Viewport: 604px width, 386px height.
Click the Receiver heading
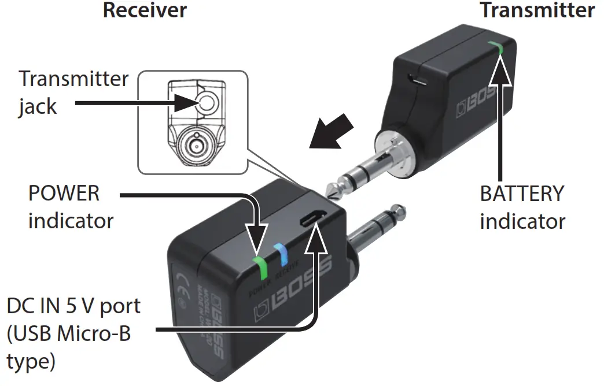click(145, 10)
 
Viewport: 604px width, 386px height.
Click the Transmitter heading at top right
click(537, 10)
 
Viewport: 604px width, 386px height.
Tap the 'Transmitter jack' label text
click(73, 92)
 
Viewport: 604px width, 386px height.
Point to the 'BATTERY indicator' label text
click(522, 207)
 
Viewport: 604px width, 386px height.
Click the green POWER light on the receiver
click(262, 267)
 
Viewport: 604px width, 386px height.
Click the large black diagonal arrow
click(332, 132)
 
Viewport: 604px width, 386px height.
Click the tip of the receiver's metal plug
click(399, 209)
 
